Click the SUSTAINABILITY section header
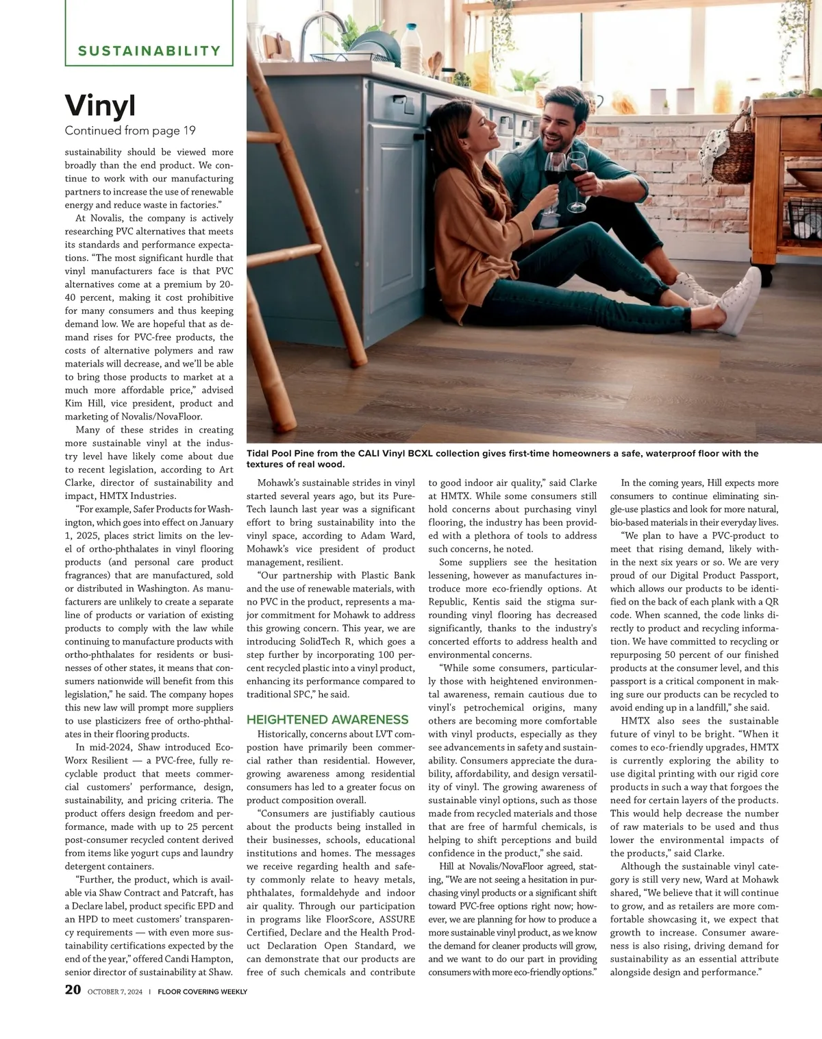(149, 51)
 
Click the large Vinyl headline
(100, 106)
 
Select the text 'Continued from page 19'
(130, 131)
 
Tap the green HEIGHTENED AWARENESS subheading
(327, 720)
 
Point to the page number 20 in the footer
(73, 990)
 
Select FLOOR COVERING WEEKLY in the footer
(202, 992)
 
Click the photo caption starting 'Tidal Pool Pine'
(502, 459)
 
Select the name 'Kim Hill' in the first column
(82, 404)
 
